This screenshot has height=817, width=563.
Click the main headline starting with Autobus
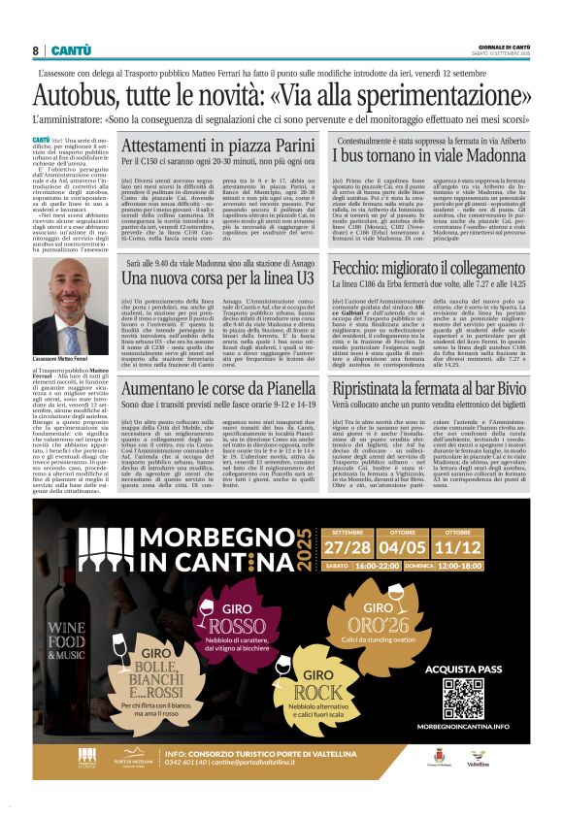281,95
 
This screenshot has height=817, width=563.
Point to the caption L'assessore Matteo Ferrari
60,358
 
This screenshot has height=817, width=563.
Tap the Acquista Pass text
463,670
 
